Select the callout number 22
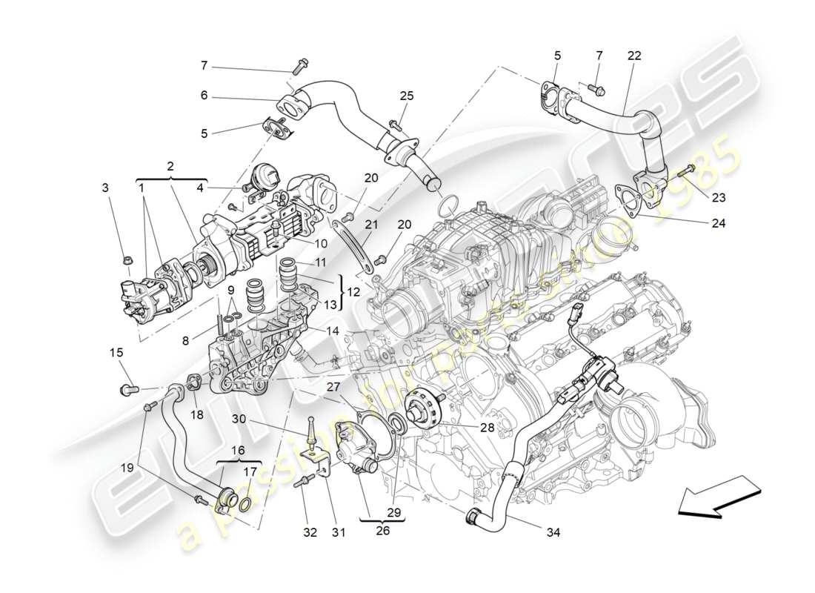635,55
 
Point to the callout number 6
204,96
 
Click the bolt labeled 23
685,171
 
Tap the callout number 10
321,243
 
